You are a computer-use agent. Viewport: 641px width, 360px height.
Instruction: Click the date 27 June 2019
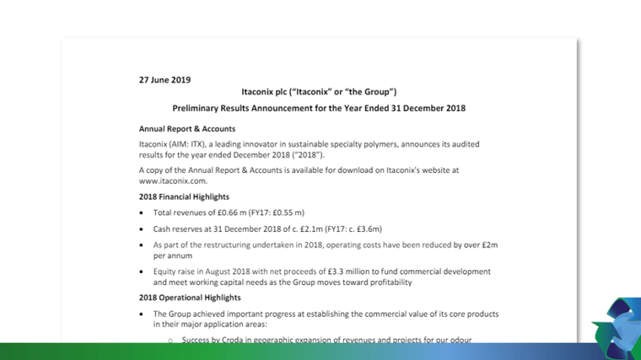[x=164, y=80]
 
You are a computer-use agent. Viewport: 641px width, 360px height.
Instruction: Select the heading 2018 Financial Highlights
[x=184, y=196]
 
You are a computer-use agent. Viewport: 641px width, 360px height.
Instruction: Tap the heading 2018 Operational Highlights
[x=190, y=298]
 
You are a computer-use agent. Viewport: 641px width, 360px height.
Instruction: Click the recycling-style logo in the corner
[x=617, y=327]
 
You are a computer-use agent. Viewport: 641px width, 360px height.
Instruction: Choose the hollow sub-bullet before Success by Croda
[x=170, y=341]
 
